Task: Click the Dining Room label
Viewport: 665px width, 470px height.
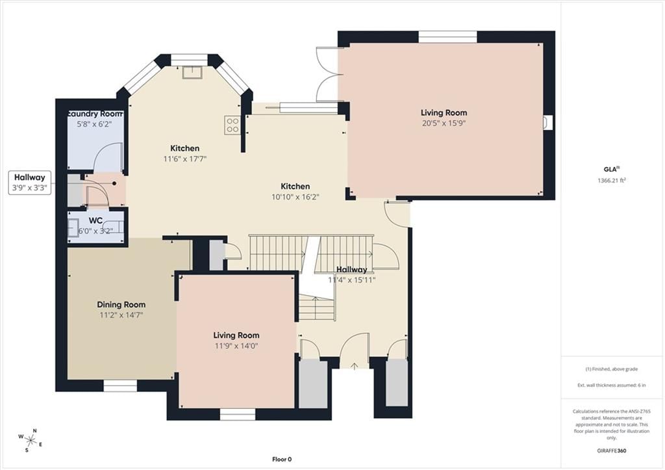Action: click(x=121, y=304)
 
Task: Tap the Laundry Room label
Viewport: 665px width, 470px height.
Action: click(x=95, y=114)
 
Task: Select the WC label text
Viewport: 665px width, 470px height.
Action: click(x=95, y=221)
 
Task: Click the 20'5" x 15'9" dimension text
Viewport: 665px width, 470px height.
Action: click(x=444, y=124)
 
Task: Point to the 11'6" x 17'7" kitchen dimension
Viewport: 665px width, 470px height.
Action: click(x=185, y=159)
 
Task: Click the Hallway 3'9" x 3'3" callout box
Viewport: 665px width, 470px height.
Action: click(x=30, y=183)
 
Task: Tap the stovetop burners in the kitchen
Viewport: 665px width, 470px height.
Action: click(x=233, y=125)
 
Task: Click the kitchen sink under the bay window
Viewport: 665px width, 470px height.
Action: click(x=192, y=72)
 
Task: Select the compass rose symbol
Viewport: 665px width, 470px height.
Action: click(x=31, y=440)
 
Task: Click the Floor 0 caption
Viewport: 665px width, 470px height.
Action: click(x=282, y=459)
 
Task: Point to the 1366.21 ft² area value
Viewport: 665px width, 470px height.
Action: click(x=612, y=180)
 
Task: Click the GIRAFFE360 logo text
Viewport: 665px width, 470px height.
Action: click(x=612, y=450)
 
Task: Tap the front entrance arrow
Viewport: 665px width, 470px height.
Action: click(x=354, y=365)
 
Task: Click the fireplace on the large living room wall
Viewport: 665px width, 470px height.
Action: click(x=547, y=122)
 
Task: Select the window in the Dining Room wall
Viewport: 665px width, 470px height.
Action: click(x=120, y=385)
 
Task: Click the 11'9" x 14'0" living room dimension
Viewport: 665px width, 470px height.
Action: click(x=236, y=346)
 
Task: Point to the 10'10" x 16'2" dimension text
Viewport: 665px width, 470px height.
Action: click(x=295, y=197)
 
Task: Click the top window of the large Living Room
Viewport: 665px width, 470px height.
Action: click(x=448, y=36)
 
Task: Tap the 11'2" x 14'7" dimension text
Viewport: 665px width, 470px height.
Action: click(x=121, y=315)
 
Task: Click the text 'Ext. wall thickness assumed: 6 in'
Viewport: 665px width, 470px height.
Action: click(x=612, y=385)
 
